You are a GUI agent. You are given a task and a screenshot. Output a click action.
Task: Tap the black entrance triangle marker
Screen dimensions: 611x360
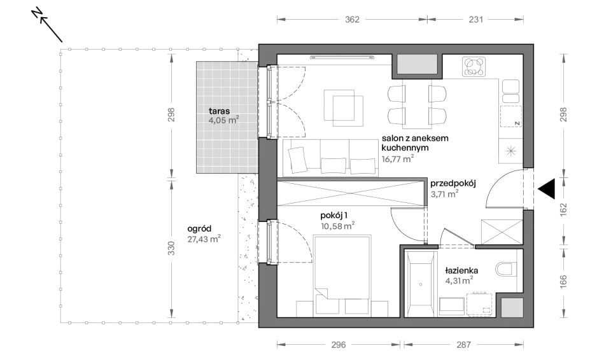[x=546, y=190]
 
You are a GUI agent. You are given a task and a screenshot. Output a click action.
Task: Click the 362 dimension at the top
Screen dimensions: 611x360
[x=352, y=20]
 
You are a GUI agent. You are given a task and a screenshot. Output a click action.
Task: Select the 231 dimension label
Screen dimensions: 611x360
[x=476, y=20]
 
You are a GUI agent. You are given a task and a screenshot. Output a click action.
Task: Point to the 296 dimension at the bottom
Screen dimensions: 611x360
[x=338, y=344]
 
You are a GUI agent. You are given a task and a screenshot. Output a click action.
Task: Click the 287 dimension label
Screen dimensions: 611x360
[x=463, y=344]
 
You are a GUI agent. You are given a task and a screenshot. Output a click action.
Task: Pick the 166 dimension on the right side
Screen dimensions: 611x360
[x=563, y=282]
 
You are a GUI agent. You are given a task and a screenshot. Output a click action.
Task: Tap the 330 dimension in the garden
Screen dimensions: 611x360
[x=171, y=248]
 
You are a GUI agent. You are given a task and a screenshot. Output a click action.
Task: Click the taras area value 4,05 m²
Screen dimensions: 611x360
[x=223, y=120]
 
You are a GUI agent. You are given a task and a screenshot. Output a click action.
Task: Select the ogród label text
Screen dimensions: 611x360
[x=199, y=229]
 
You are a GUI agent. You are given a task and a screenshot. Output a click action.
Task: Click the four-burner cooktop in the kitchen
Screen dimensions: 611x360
[x=474, y=67]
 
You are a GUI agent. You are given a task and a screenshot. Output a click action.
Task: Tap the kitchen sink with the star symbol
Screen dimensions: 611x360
[x=510, y=151]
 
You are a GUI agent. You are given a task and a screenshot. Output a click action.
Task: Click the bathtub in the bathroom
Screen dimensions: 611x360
[x=421, y=284]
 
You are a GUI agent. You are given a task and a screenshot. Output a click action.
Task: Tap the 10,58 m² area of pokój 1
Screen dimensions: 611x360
[x=337, y=226]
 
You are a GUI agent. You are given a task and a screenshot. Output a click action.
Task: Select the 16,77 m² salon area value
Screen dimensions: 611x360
[x=397, y=158]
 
